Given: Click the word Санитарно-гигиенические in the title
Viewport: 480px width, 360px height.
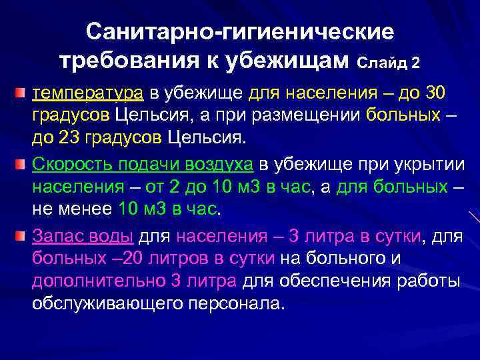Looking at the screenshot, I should pyautogui.click(x=240, y=32).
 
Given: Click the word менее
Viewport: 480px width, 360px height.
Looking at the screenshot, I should pyautogui.click(x=85, y=209).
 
